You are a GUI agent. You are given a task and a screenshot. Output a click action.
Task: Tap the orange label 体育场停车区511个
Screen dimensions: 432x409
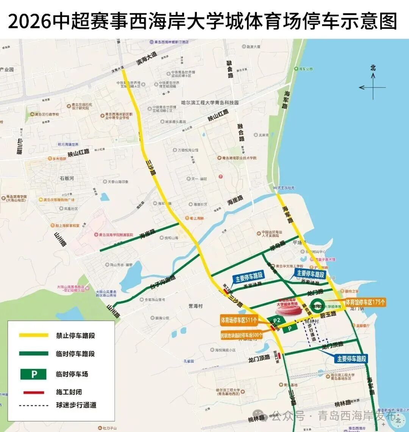(239, 320)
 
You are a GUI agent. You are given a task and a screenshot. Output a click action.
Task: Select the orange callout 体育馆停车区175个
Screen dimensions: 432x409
(365, 302)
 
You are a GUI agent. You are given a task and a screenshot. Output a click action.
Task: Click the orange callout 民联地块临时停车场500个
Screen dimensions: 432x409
(242, 335)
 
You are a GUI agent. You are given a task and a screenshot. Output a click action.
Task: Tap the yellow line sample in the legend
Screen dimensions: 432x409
(34, 335)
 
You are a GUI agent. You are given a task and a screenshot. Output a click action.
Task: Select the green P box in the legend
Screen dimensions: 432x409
(34, 374)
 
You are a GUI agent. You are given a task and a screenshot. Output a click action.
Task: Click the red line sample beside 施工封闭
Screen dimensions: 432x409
(34, 392)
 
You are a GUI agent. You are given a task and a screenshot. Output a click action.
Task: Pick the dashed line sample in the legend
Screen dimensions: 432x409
(34, 405)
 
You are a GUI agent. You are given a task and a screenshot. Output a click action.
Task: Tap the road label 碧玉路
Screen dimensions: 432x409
(328, 314)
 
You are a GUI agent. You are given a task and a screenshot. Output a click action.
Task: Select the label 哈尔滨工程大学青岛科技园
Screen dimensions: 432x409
(210, 102)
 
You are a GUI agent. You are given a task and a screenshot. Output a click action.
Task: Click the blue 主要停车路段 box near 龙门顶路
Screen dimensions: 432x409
(351, 358)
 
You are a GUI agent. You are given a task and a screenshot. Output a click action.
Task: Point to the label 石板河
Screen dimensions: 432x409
(67, 178)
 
